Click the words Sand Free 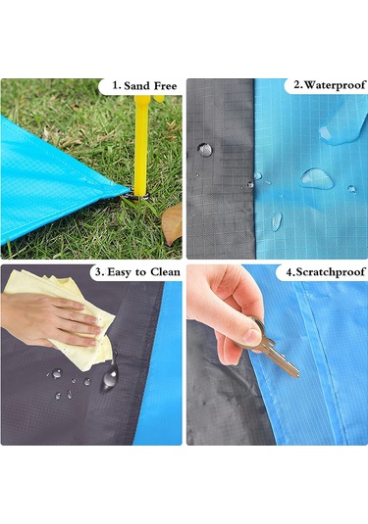[150, 86]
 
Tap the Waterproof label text [335, 85]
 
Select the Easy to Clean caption [143, 272]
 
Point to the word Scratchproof [330, 271]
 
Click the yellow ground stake [141, 146]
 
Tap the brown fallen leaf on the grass [172, 223]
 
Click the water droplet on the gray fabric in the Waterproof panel [205, 150]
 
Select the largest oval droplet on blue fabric [316, 178]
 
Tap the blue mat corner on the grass [60, 180]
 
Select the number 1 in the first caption [116, 86]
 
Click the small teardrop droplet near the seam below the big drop [277, 221]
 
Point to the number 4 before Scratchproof [289, 272]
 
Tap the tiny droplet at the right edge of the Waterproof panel [351, 189]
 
